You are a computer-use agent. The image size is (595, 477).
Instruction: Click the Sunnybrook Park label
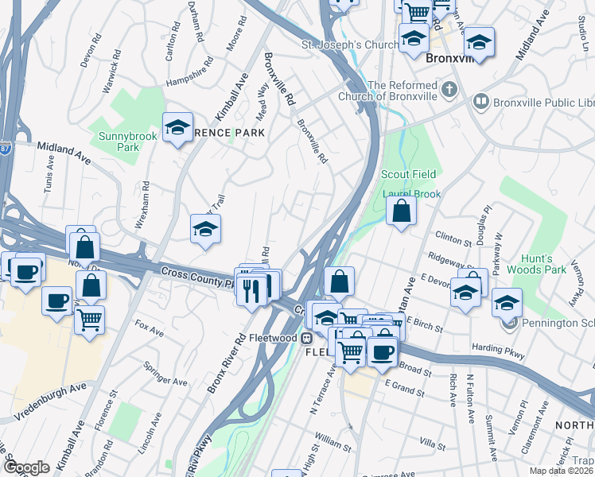point(119,142)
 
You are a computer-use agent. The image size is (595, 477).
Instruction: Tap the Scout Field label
point(409,174)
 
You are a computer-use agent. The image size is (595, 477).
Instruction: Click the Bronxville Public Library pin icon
point(480,101)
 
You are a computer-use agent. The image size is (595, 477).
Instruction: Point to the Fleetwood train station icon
point(306,338)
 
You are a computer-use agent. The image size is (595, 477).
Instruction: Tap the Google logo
point(26,467)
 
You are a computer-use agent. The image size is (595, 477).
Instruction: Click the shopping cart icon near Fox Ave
point(90,320)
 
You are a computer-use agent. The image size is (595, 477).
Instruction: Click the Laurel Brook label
point(411,193)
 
